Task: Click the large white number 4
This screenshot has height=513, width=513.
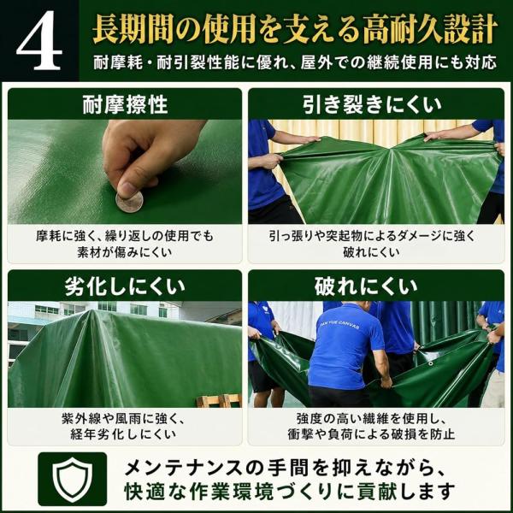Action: [x=39, y=40]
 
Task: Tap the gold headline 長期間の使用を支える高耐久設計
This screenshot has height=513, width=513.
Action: [x=295, y=30]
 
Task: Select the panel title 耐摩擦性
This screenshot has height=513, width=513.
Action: [x=125, y=105]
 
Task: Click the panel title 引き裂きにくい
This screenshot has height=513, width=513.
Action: [x=372, y=105]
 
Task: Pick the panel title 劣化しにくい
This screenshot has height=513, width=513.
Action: [x=125, y=286]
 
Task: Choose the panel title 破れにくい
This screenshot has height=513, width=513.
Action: [x=366, y=286]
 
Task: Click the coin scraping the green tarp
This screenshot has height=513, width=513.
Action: [x=129, y=202]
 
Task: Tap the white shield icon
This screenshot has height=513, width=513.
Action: [x=73, y=480]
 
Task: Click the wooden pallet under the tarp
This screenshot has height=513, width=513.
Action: [x=219, y=400]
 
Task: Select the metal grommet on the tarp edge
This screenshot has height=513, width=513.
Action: [x=431, y=363]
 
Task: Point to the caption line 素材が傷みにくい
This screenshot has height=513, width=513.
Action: [x=125, y=252]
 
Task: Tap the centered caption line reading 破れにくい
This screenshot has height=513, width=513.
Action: [x=371, y=252]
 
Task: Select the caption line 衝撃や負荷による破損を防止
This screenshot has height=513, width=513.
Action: [x=371, y=434]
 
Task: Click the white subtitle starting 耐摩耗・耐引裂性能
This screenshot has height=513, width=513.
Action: [x=295, y=62]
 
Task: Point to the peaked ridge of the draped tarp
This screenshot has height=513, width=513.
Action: [x=90, y=314]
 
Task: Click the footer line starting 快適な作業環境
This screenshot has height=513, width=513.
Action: [x=290, y=491]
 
